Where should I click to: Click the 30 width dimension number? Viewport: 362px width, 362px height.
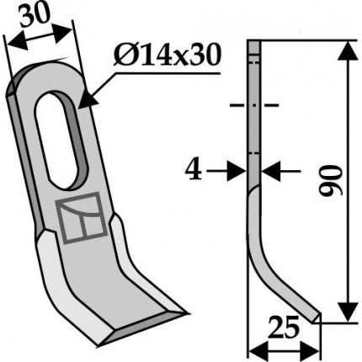tap(35, 15)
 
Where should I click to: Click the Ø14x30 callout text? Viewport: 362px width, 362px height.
tap(167, 56)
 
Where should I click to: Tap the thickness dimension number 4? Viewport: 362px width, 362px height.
tap(194, 170)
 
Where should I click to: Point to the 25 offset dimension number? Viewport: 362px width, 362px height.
tap(283, 327)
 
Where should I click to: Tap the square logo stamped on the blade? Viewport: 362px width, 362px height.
tap(82, 218)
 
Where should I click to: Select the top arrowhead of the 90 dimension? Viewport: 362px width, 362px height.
tap(348, 51)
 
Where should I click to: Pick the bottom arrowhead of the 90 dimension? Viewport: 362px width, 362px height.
tap(348, 311)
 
